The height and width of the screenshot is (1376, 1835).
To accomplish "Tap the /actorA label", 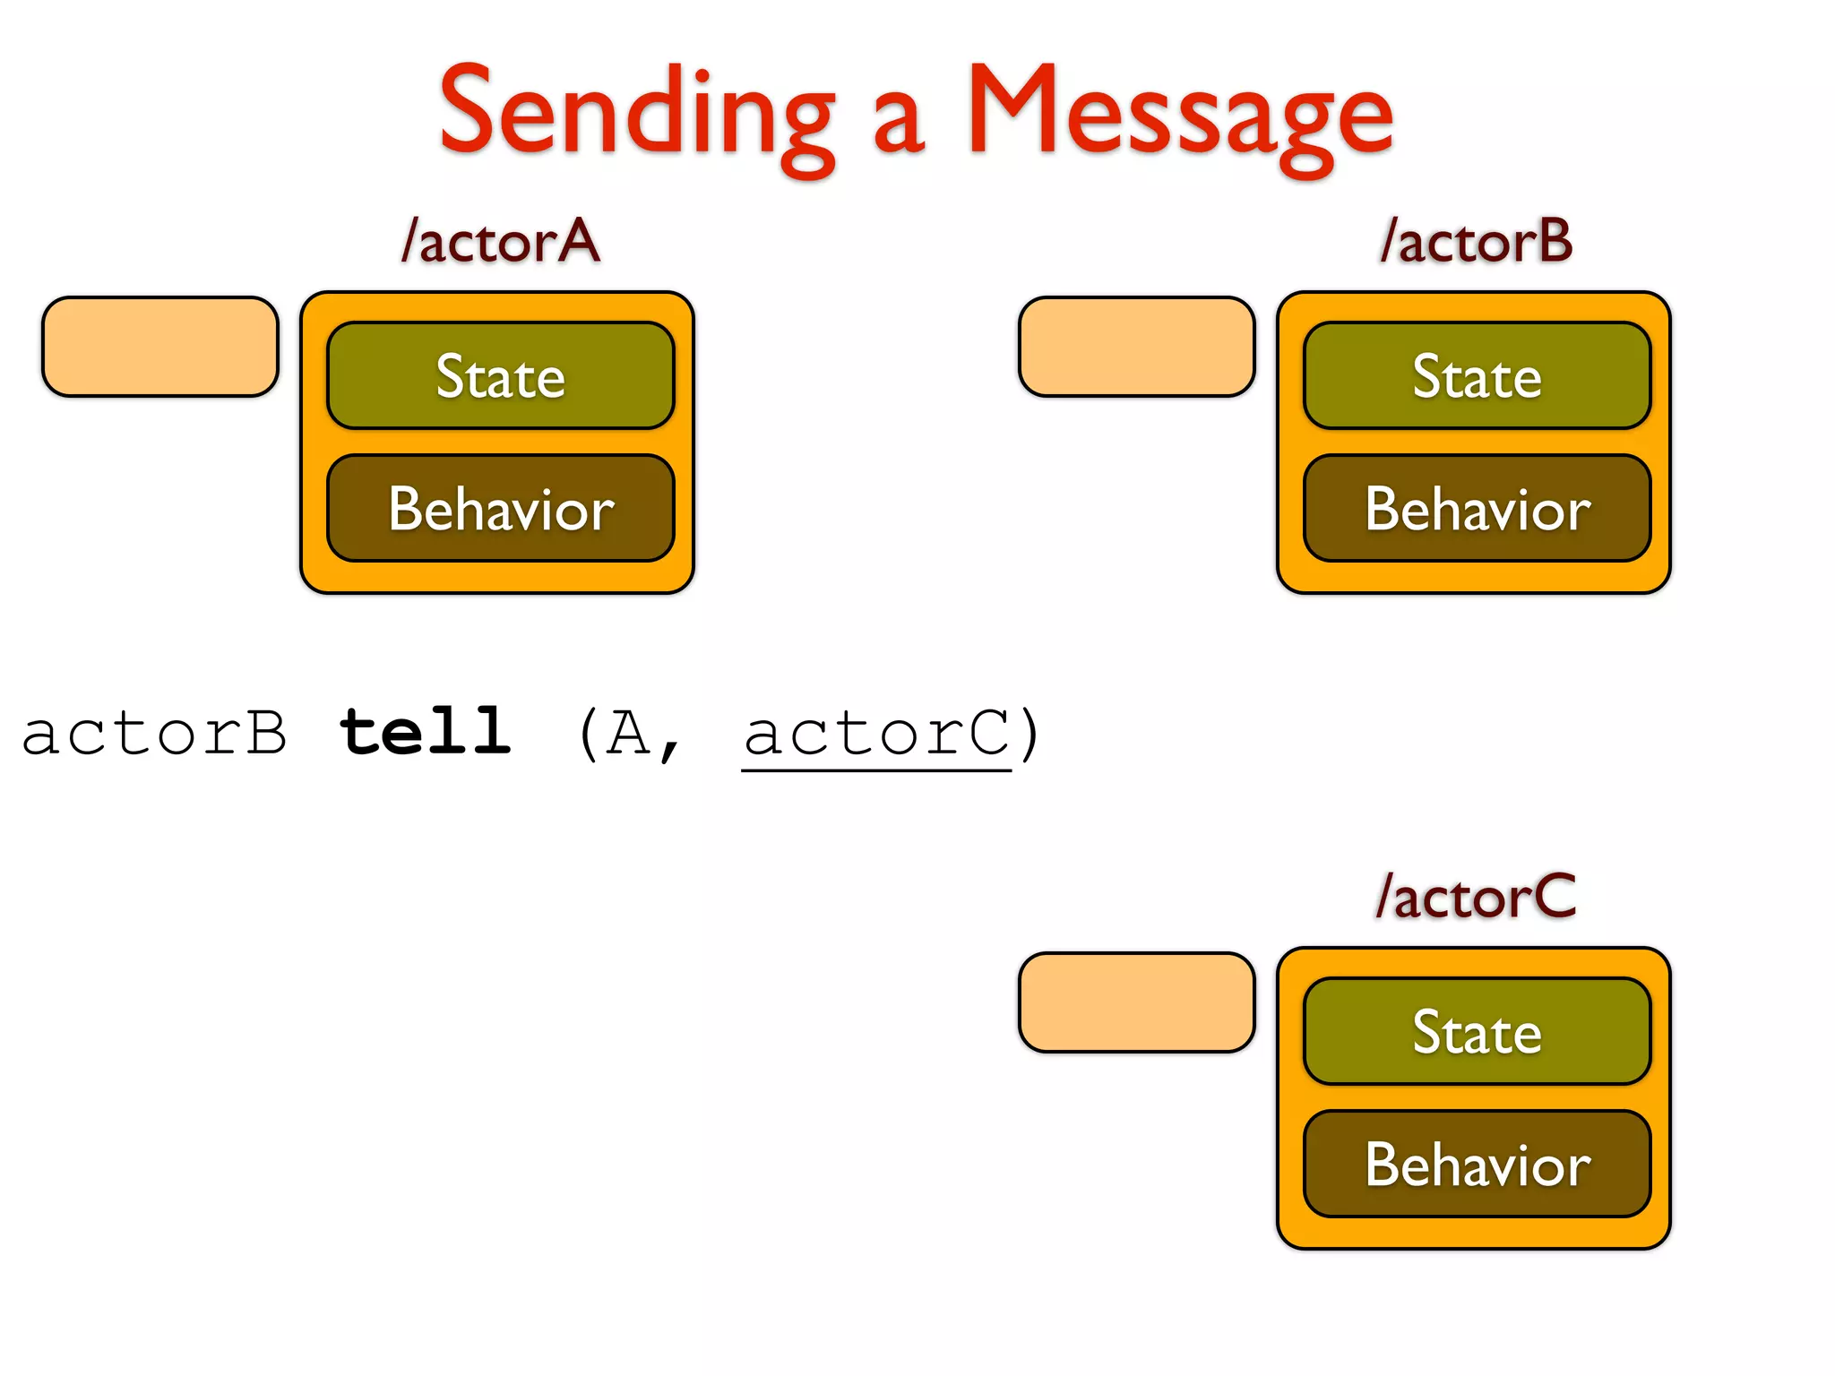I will [x=500, y=242].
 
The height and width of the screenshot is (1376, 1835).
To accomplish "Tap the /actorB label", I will [x=1476, y=242].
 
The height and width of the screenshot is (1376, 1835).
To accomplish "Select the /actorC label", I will [x=1476, y=897].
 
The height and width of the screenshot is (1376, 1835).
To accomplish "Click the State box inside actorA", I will [x=500, y=376].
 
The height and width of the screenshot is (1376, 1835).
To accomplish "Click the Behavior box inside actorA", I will [x=500, y=509].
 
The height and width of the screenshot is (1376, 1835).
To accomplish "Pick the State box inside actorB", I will [x=1477, y=376].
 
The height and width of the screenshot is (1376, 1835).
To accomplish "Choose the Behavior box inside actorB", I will [x=1477, y=509].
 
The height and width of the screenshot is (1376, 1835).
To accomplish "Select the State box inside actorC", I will [x=1477, y=1032].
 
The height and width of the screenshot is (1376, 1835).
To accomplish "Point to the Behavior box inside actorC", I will [x=1477, y=1165].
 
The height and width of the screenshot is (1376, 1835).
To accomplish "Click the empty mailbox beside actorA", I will [x=160, y=347].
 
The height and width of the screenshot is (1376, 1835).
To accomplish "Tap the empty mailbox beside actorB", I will [x=1136, y=347].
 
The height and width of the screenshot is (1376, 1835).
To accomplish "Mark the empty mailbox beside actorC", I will [x=1136, y=1002].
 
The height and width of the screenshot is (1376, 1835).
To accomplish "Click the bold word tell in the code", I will [x=426, y=733].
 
